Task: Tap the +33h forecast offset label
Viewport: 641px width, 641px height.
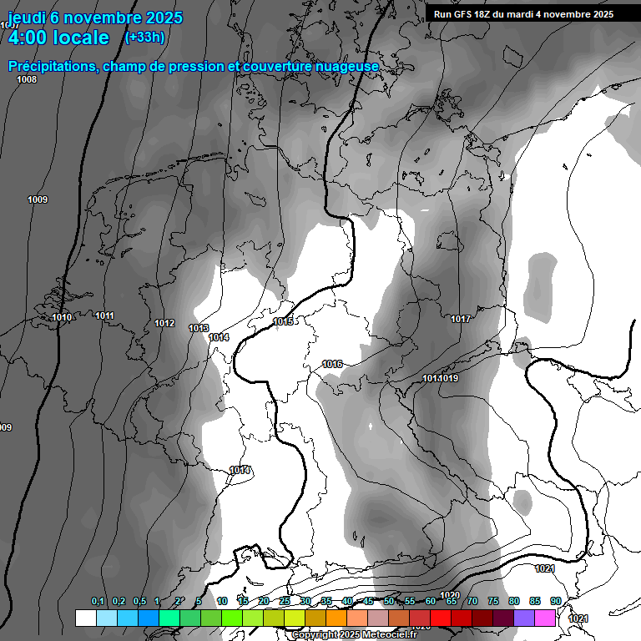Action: (144, 38)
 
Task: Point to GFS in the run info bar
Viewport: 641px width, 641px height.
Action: (474, 14)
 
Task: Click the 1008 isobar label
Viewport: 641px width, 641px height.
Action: (27, 79)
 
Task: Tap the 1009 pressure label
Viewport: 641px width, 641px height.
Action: (38, 199)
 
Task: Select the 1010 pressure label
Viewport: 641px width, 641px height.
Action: (62, 317)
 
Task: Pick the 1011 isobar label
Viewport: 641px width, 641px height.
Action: (104, 315)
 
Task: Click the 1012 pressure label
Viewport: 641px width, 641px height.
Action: (164, 323)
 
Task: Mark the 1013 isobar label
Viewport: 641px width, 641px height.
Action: (199, 329)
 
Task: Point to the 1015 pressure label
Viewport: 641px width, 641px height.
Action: (283, 321)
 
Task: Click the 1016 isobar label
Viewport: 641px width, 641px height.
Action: (332, 364)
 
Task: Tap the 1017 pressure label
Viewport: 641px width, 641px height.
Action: (461, 319)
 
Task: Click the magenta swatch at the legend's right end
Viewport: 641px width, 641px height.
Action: (545, 618)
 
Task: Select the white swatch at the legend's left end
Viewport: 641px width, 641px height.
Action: (85, 618)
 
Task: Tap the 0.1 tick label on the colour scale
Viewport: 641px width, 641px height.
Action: (98, 602)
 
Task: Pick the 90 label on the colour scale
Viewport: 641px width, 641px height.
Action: (556, 602)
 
